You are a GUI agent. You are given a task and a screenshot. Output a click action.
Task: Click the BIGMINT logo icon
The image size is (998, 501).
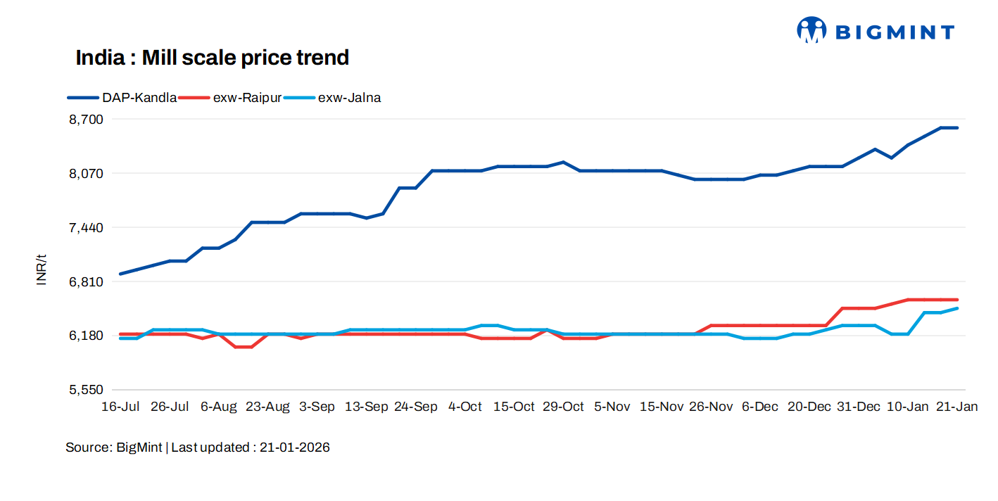point(811,30)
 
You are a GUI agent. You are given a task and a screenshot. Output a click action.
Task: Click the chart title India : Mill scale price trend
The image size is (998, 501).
point(213,58)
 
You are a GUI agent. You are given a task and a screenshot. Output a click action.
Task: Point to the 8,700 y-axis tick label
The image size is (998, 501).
point(86,120)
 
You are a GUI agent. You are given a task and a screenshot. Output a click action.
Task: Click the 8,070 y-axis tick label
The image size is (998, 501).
point(86,174)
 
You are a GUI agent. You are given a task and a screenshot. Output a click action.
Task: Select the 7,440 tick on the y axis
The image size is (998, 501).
point(86,228)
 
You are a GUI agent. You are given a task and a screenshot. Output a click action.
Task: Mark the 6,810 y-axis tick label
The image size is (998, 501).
point(86,282)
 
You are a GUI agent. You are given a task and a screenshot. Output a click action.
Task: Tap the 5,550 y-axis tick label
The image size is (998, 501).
point(86,390)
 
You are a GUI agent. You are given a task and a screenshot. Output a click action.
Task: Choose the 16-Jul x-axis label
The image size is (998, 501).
point(120,407)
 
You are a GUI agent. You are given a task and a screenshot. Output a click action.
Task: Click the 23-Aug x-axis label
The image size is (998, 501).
point(267,407)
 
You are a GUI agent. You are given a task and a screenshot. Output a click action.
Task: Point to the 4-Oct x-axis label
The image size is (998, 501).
point(465,407)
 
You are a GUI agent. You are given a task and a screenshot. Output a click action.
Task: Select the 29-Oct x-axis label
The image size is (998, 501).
point(563,407)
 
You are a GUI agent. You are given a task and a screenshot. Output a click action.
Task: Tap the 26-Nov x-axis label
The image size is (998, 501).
point(711,407)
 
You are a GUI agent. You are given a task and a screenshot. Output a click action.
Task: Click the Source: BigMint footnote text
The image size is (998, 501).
point(198,448)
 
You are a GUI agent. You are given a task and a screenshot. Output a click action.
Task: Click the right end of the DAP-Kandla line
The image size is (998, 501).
point(957,128)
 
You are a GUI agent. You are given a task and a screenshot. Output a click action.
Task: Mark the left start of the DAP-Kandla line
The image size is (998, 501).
point(120,274)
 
